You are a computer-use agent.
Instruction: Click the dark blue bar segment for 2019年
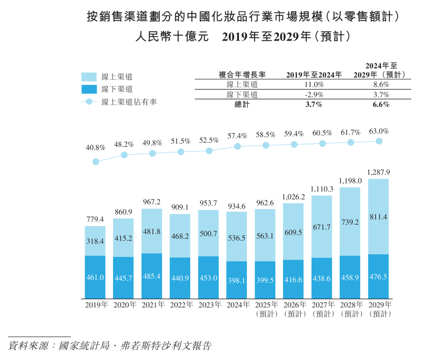pos(95,277)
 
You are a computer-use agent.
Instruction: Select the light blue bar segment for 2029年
pos(379,216)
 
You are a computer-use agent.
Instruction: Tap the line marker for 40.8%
pos(96,161)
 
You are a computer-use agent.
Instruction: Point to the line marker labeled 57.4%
pos(237,146)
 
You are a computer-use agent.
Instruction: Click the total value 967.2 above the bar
pos(152,202)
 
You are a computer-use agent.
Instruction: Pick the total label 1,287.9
pos(379,172)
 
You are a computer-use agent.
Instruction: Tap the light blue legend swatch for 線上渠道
pos(89,77)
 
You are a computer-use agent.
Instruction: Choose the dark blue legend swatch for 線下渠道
pos(89,89)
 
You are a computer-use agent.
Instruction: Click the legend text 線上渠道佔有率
pos(129,102)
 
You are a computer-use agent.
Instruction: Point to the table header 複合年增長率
pos(242,74)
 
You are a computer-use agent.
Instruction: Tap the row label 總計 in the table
pos(242,105)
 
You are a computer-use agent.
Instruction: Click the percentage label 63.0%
pos(379,131)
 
